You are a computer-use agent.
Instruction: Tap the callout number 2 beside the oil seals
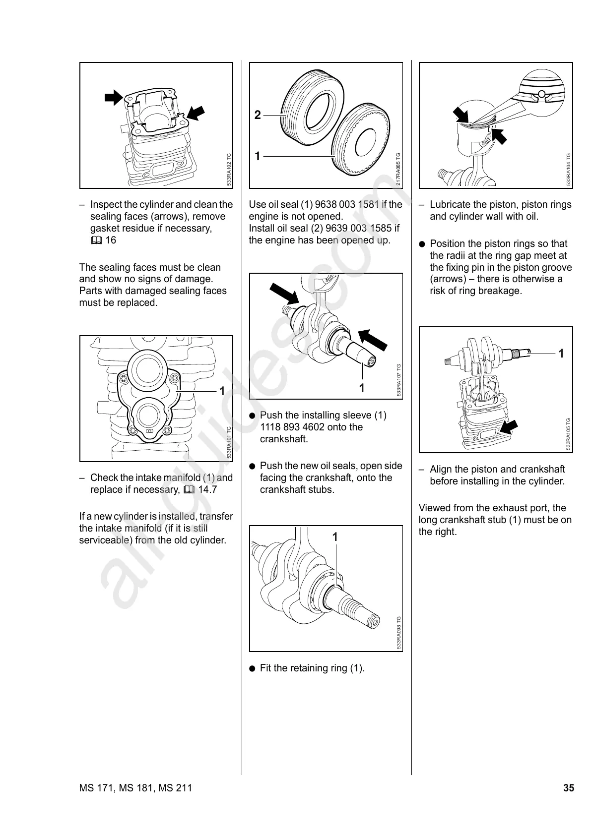point(257,116)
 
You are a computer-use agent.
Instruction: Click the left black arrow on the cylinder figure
point(114,98)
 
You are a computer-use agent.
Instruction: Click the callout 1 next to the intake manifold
point(222,391)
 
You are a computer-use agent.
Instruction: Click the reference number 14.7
point(207,490)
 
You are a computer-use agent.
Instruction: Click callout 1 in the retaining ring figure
point(335,537)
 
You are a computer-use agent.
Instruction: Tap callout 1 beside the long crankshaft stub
point(561,354)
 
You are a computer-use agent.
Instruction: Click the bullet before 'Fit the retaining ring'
point(252,668)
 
